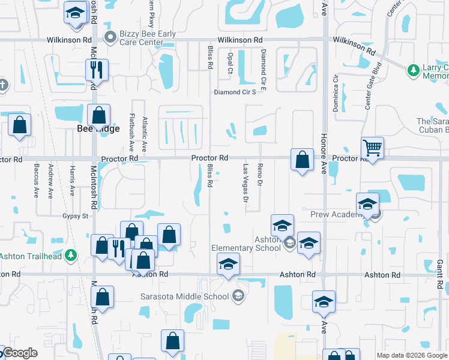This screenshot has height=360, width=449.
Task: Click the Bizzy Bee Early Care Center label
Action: click(x=147, y=38)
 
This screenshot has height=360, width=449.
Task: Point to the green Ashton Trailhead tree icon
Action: click(x=71, y=256)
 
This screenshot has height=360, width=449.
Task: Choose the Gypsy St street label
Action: click(x=75, y=215)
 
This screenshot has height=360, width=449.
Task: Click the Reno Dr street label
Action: click(x=260, y=175)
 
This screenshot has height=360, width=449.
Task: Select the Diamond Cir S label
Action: click(x=240, y=92)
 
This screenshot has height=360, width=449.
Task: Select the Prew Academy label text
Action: click(x=334, y=214)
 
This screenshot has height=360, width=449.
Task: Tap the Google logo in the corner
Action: click(x=20, y=353)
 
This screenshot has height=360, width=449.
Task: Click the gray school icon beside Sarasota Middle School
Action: click(x=238, y=295)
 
